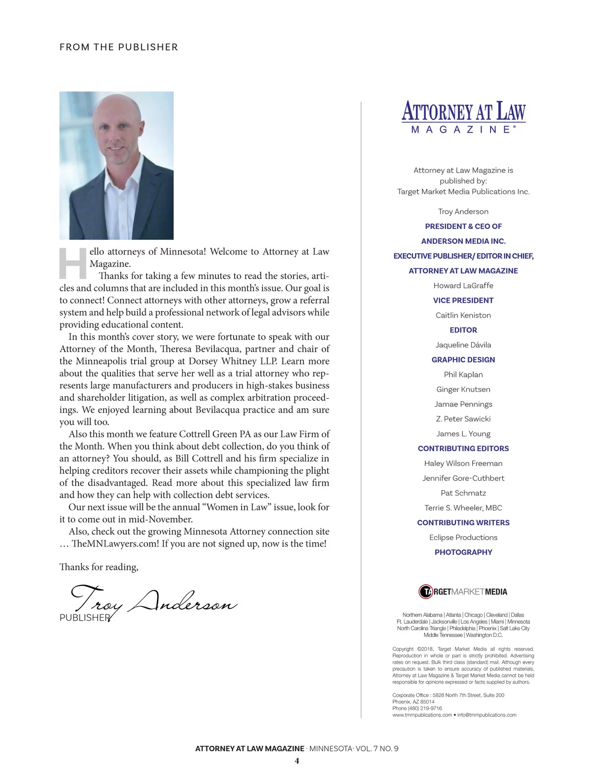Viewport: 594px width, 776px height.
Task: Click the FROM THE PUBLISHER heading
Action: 118,47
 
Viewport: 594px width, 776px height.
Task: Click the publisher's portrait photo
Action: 116,165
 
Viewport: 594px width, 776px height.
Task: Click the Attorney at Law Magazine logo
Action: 463,117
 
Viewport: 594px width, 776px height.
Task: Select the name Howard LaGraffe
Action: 463,285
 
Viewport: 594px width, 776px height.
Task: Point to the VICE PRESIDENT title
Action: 463,300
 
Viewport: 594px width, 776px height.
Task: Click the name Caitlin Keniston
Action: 463,315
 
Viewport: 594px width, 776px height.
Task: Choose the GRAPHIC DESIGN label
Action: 463,360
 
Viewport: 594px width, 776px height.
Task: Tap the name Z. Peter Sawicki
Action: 463,419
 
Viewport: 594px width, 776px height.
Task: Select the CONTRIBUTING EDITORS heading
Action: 463,449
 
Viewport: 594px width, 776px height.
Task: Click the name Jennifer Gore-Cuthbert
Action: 463,478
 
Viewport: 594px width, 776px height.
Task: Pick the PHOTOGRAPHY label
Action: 463,552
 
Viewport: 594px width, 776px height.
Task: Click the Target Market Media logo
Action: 463,592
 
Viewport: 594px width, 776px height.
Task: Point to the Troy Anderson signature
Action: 153,601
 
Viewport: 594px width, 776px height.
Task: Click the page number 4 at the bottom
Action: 297,761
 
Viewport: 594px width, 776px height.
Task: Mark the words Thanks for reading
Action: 99,567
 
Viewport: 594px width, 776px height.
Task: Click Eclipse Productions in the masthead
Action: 463,538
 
